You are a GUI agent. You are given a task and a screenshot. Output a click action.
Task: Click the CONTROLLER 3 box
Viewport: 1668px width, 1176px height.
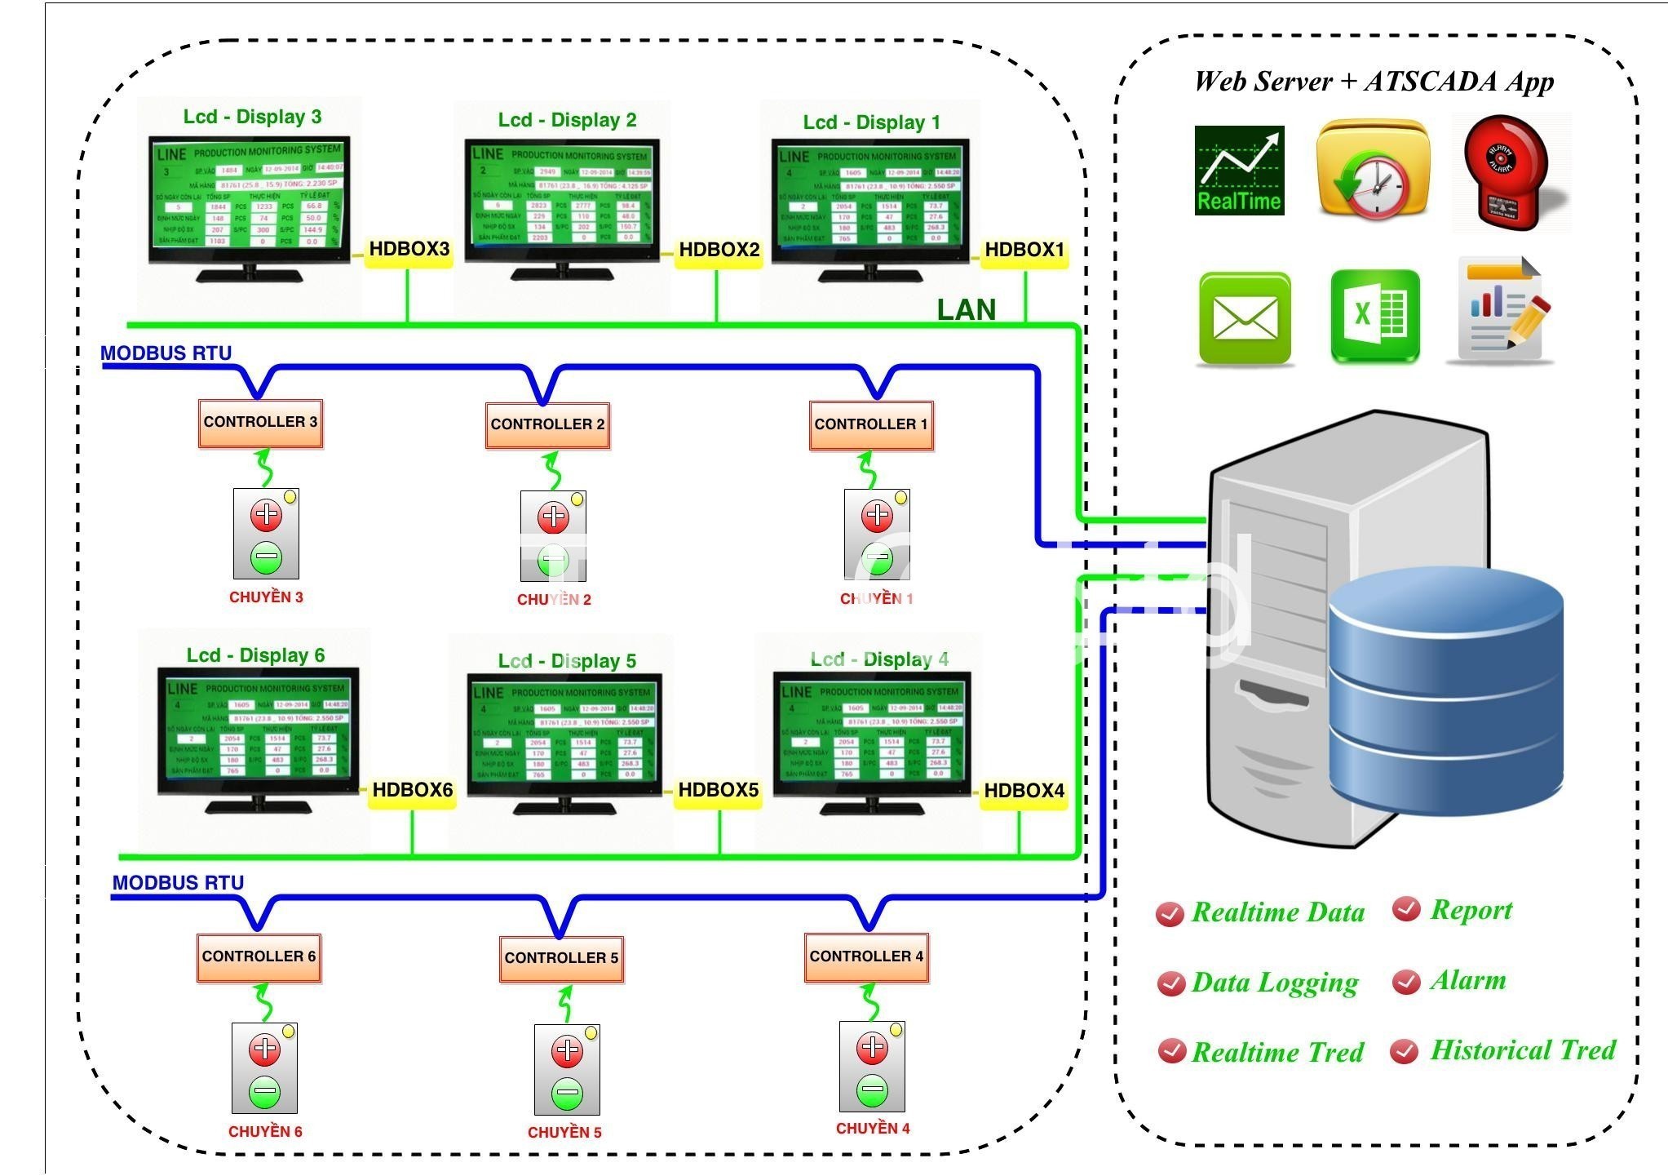click(x=260, y=423)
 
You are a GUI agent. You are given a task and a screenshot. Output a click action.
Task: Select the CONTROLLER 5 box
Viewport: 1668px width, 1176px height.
click(x=561, y=958)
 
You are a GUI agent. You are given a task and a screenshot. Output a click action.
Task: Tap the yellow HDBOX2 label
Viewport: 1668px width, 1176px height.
click(x=719, y=250)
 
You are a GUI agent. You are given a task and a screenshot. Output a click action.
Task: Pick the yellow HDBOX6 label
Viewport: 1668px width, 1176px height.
click(x=412, y=790)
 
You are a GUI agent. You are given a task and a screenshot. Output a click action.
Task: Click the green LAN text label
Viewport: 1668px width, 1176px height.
click(x=966, y=310)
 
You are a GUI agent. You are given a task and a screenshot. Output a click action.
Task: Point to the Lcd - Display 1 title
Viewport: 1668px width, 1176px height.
click(x=871, y=122)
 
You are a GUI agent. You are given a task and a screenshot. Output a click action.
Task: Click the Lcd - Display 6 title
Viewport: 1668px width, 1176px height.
click(x=255, y=655)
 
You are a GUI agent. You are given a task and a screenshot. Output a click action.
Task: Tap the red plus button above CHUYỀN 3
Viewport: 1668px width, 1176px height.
click(x=266, y=515)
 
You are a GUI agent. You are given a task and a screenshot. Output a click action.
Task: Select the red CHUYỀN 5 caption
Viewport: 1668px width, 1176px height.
click(x=564, y=1133)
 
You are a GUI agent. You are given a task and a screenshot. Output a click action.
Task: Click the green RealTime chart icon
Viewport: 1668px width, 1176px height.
click(x=1239, y=171)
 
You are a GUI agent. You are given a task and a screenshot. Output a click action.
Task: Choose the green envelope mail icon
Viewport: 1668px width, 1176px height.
click(x=1245, y=318)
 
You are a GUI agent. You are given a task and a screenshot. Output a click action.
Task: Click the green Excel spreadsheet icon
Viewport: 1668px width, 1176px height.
click(x=1374, y=316)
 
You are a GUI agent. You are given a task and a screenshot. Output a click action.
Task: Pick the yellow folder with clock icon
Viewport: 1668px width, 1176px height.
click(x=1373, y=170)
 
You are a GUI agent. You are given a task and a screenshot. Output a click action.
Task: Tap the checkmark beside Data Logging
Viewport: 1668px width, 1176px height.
click(x=1170, y=983)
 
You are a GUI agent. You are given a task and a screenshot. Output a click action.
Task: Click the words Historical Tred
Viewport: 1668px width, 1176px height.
click(x=1523, y=1050)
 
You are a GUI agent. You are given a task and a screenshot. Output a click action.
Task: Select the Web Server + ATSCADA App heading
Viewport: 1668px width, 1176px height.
click(x=1374, y=82)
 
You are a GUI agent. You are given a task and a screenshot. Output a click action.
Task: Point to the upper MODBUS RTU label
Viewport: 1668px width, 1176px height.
click(x=166, y=353)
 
